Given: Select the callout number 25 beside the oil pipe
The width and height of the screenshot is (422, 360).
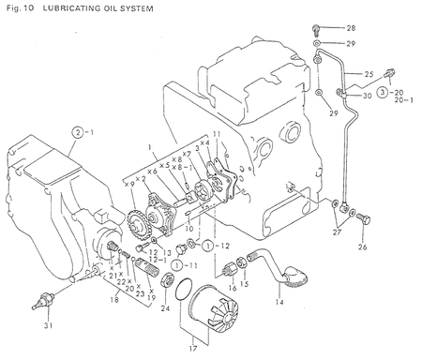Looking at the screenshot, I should coord(368,74).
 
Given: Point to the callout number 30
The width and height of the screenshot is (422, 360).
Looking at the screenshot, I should coord(367,96).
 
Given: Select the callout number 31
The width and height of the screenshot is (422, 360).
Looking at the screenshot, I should coord(37,327).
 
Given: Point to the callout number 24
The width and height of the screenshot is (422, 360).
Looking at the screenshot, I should coord(166,306).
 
